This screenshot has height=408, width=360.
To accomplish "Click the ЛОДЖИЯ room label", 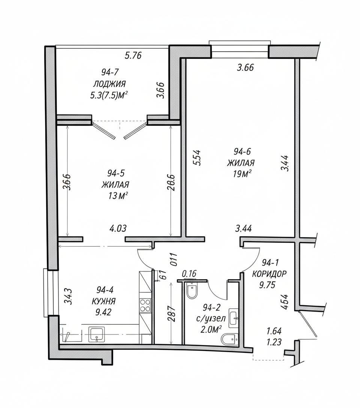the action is pos(109,84).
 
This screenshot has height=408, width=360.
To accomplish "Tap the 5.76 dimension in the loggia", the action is pos(133,55).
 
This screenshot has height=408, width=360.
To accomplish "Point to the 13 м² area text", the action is pos(117,195).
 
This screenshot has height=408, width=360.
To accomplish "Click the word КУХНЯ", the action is pos(104,301).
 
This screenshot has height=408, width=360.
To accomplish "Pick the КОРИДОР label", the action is pos(270,274).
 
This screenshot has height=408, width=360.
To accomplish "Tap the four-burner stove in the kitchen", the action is pos(145,306).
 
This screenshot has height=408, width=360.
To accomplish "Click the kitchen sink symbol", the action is pos(97,334).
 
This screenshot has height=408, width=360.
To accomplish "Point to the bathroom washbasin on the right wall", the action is pos(233,318).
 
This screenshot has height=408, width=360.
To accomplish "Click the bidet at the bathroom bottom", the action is pos(229,340).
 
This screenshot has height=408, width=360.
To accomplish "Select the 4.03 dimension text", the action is pos(118,228).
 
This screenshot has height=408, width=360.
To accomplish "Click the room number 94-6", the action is pos(242,151).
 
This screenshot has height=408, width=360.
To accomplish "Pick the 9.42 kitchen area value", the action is pos(103,312).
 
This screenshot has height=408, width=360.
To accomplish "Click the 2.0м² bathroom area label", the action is pos(211,329).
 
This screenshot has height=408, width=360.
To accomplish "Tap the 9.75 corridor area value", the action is pos(267,285).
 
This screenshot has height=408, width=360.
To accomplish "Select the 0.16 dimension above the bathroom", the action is pos(189,273).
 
